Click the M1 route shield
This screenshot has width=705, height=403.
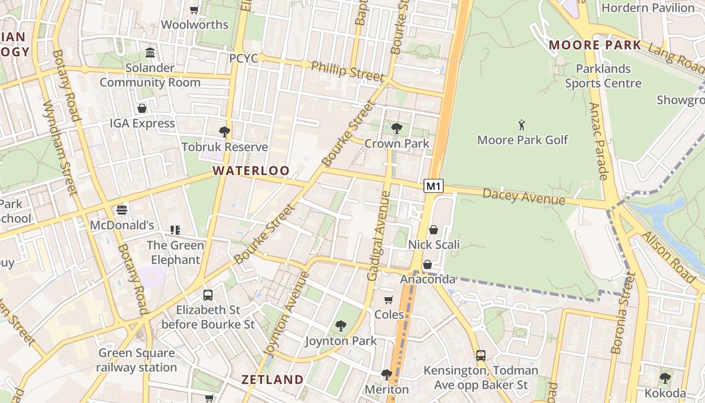pyautogui.click(x=434, y=186)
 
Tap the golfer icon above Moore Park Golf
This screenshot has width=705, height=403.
pyautogui.click(x=522, y=124)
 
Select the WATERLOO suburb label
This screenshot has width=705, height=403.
pyautogui.click(x=251, y=171)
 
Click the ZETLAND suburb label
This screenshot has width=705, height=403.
pyautogui.click(x=272, y=379)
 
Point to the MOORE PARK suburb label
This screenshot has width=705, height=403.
pyautogui.click(x=595, y=45)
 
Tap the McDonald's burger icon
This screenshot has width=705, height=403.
pyautogui.click(x=122, y=210)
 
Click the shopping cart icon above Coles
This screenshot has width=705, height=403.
pyautogui.click(x=389, y=300)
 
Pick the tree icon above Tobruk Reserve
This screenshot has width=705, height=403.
pyautogui.click(x=225, y=132)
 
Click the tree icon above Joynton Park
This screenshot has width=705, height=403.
pyautogui.click(x=341, y=326)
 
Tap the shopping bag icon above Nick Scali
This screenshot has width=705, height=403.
pyautogui.click(x=434, y=230)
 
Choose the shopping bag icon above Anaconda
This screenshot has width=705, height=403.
pyautogui.click(x=428, y=264)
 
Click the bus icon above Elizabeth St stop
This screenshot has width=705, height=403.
pyautogui.click(x=208, y=295)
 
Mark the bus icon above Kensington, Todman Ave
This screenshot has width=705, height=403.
pyautogui.click(x=481, y=356)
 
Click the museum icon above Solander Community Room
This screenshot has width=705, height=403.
pyautogui.click(x=150, y=52)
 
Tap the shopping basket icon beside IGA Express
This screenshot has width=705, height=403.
pyautogui.click(x=142, y=108)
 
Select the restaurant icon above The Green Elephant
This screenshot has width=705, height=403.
pyautogui.click(x=175, y=230)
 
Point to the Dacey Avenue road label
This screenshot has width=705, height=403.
pyautogui.click(x=524, y=196)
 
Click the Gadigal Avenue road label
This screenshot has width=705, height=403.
pyautogui.click(x=379, y=235)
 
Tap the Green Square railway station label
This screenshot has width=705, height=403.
pyautogui.click(x=136, y=360)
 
